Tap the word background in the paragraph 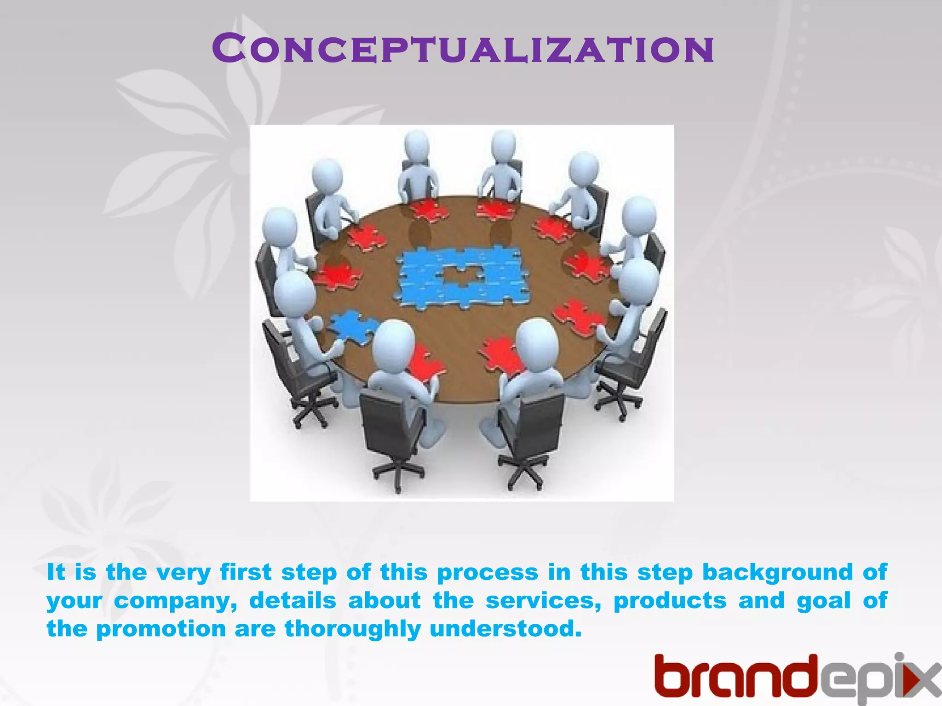tap(777, 573)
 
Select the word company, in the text tap(175, 601)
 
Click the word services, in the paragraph tap(543, 601)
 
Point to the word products tap(670, 601)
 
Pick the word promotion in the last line tap(161, 629)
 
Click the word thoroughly tap(352, 629)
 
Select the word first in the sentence tap(246, 573)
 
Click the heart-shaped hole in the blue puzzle tap(461, 276)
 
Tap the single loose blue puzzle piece tap(352, 327)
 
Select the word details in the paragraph tap(293, 601)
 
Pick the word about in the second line tap(384, 601)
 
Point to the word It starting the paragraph tap(56, 573)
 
